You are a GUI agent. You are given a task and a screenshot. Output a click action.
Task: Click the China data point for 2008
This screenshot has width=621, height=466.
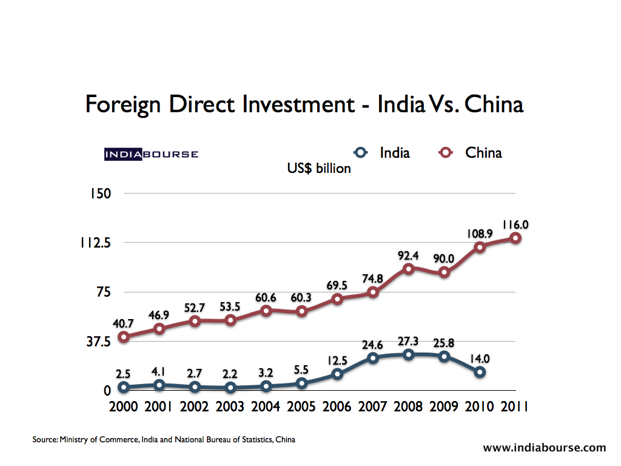pos(409,269)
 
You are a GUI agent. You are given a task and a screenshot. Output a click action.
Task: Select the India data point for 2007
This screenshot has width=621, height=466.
pos(373,358)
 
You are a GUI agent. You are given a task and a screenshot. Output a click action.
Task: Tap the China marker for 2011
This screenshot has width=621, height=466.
pos(515,238)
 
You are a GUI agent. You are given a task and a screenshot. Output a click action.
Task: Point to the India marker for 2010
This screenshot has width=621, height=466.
pos(480,372)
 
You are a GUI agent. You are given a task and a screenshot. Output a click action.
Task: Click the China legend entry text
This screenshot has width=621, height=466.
pos(483,153)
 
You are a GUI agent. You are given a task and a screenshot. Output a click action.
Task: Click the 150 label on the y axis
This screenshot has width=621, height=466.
pos(99,194)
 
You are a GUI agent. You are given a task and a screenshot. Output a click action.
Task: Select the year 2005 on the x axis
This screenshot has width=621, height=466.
pos(301,406)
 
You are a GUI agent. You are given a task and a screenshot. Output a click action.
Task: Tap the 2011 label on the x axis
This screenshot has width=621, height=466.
pos(514,406)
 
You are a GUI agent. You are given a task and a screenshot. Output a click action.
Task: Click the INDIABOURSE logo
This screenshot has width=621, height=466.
pos(151,154)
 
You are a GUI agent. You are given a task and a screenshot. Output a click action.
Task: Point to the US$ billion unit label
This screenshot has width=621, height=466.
pos(319,169)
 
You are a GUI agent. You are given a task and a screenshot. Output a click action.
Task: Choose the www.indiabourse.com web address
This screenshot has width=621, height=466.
pos(544,448)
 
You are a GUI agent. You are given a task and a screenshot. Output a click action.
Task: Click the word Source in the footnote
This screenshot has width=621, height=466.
pos(44,439)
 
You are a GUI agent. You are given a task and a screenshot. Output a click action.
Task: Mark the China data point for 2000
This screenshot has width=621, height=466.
pos(124,337)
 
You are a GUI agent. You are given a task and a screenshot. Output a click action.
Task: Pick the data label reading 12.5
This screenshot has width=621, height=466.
pos(337,360)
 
